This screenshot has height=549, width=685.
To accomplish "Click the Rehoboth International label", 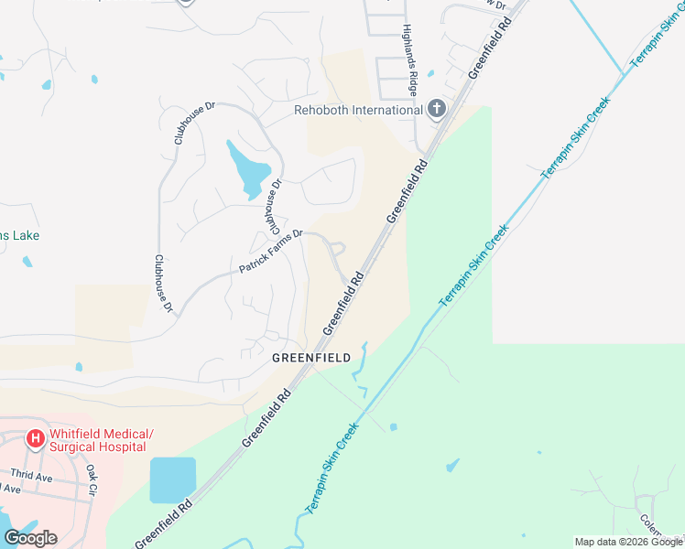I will (x=358, y=111).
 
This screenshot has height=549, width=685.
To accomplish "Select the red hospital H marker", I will (x=35, y=439).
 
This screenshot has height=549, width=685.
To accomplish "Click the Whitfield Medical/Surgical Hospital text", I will (x=101, y=440).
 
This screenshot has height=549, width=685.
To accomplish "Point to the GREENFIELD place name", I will (x=311, y=358).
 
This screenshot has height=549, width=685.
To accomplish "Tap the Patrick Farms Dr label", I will (x=271, y=253).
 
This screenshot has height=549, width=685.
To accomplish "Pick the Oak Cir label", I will (x=92, y=479).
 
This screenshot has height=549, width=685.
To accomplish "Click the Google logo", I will (x=30, y=538).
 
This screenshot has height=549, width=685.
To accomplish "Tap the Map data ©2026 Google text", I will (x=629, y=542).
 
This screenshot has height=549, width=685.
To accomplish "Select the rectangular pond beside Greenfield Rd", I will (x=172, y=479).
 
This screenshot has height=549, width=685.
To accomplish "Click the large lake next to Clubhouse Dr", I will (x=248, y=167).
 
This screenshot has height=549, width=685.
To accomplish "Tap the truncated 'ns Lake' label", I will (x=19, y=235).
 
